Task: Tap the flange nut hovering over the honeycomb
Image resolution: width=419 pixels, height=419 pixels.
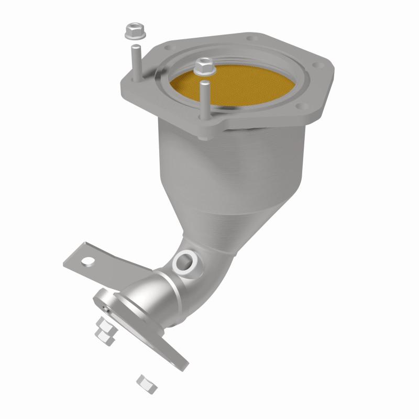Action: (203, 66)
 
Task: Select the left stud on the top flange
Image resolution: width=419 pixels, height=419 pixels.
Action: (136, 60)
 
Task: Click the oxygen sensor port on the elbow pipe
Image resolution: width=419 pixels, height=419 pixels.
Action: (184, 259)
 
